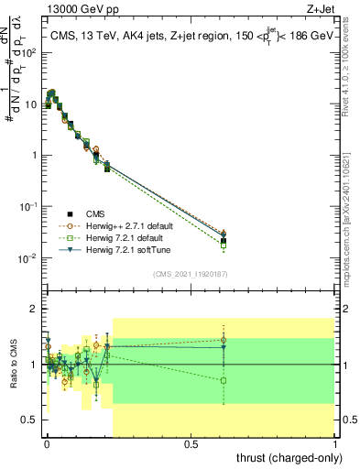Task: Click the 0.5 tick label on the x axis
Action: pyautogui.click(x=191, y=444)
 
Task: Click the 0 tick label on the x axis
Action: pyautogui.click(x=47, y=444)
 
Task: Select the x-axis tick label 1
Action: pyautogui.click(x=335, y=444)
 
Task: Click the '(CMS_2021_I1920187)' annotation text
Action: pyautogui.click(x=190, y=274)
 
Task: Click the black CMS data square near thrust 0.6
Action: pyautogui.click(x=224, y=241)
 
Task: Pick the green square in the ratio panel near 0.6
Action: pyautogui.click(x=224, y=380)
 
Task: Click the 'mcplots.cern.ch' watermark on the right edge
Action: pyautogui.click(x=352, y=229)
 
